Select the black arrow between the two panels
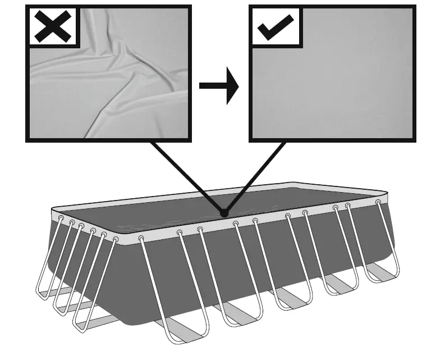tap(219, 86)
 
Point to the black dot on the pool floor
tap(224, 213)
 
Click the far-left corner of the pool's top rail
tap(52, 211)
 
